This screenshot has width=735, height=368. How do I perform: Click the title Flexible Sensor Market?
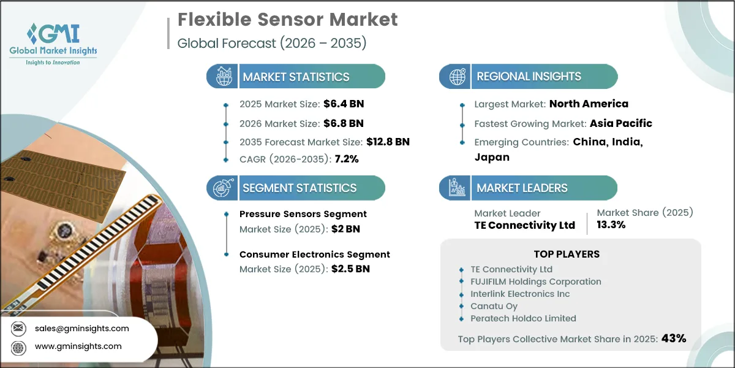(x=287, y=20)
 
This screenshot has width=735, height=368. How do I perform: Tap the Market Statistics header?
(x=296, y=77)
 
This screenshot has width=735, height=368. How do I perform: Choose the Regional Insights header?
(x=529, y=77)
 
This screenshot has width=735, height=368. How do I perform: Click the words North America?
(x=589, y=104)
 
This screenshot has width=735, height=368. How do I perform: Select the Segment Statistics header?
(x=300, y=188)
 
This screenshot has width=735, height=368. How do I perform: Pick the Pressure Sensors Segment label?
(x=303, y=214)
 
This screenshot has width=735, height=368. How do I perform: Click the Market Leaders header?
(x=522, y=188)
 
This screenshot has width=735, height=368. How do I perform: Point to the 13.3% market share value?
(x=611, y=225)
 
